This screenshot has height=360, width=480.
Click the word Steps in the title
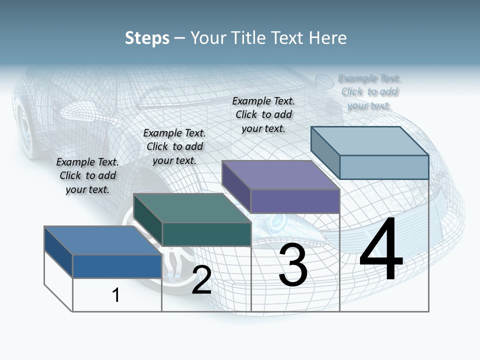click(x=147, y=38)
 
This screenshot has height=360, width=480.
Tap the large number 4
click(x=381, y=250)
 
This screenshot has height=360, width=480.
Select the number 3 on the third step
click(x=293, y=265)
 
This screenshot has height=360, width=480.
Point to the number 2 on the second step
click(x=201, y=280)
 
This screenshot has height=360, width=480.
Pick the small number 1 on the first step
click(x=116, y=295)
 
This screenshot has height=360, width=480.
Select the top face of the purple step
click(x=280, y=175)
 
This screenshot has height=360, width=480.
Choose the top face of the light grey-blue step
click(x=370, y=141)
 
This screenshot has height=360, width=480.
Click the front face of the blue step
click(x=117, y=266)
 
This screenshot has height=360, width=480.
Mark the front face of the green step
click(x=206, y=234)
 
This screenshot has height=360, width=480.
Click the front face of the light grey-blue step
click(x=384, y=167)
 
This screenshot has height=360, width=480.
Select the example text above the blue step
click(x=88, y=175)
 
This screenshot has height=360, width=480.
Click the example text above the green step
click(x=174, y=146)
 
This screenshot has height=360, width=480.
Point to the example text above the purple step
click(x=263, y=114)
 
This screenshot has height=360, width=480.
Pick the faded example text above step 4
click(x=369, y=92)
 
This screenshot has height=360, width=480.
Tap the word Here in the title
click(x=329, y=38)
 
